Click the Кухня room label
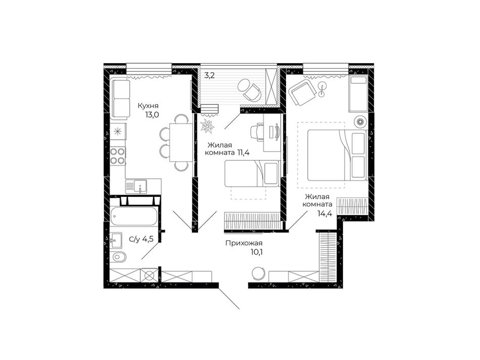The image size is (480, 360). point(148,106)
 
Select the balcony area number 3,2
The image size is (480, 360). point(210,75)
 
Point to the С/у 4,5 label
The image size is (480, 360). point(141,239)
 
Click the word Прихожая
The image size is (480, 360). point(244,243)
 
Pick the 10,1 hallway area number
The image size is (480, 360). point(257,252)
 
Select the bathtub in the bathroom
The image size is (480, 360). point(134,217)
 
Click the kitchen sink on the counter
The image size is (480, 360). point(136,186)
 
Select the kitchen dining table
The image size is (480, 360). point(181,142)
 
